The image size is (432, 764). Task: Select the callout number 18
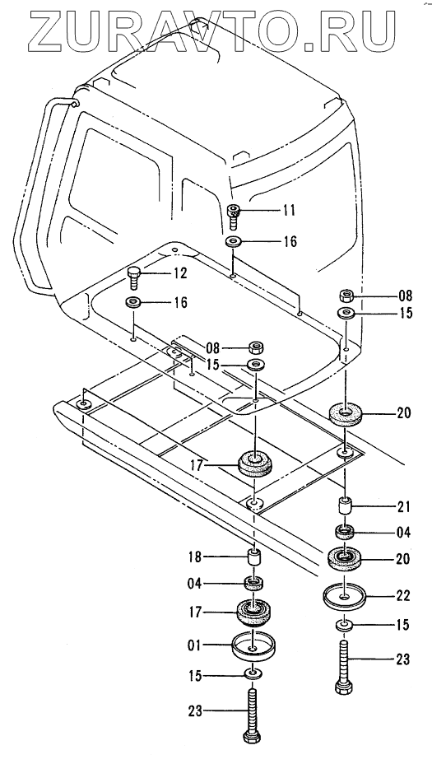[195, 557]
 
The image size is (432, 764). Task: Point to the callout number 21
[404, 507]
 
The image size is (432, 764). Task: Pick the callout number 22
[404, 595]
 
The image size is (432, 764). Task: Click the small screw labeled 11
[234, 216]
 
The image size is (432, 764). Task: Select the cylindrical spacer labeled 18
[253, 557]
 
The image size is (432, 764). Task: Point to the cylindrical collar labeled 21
[346, 505]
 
